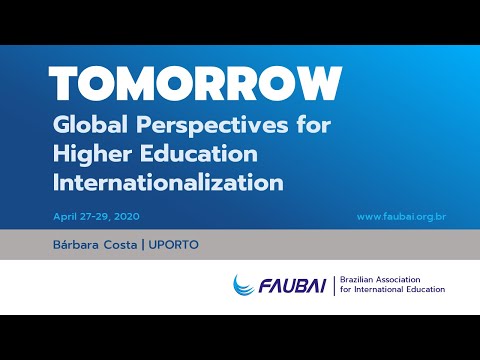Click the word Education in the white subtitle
[200, 156]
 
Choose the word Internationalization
[169, 183]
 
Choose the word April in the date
[66, 216]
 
